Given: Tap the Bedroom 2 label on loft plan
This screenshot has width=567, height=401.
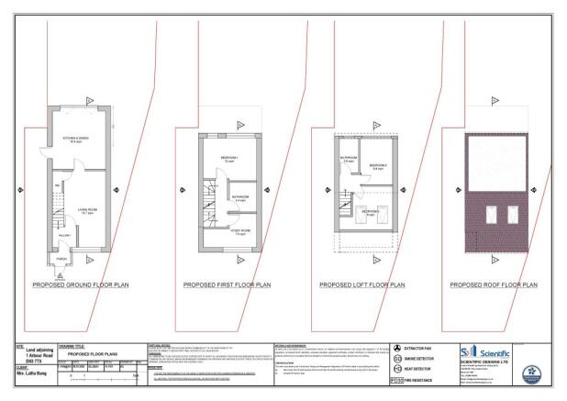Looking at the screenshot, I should pos(376,166).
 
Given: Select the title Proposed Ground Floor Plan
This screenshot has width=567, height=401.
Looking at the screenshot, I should pos(81,285).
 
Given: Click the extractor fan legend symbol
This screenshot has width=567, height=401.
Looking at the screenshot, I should pos(397,349).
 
